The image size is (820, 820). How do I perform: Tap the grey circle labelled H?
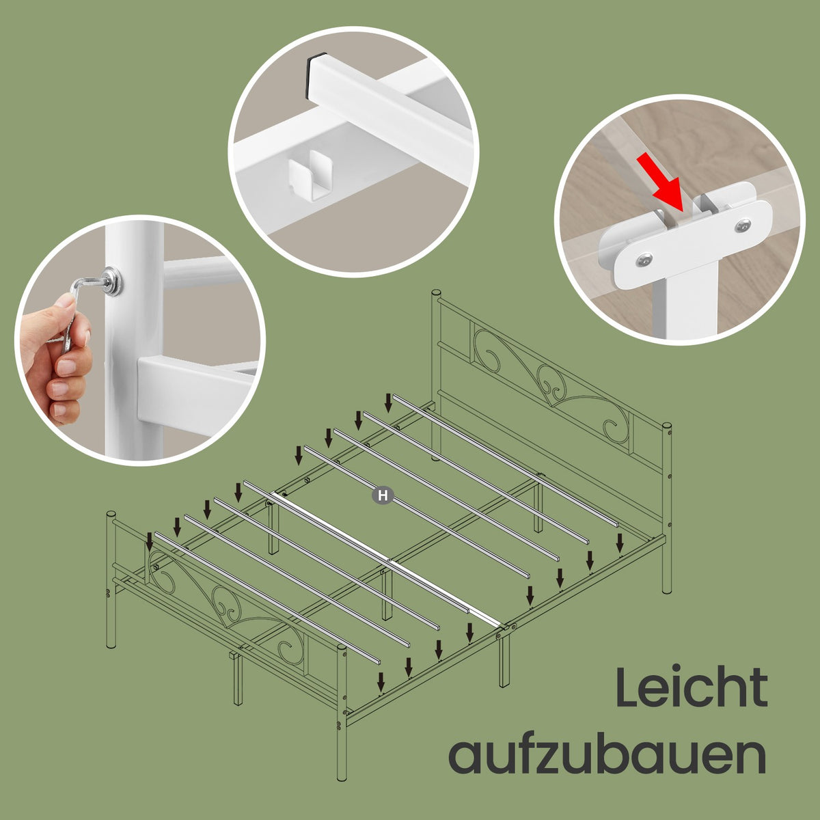pos(383,495)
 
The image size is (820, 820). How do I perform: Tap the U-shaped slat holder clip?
pos(310,174)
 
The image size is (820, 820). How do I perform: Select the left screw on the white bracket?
pos(644,260)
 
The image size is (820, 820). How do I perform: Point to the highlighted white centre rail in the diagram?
pos(387,559)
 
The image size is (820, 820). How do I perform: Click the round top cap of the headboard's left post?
pos(436,294)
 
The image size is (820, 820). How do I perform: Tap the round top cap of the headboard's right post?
pos(667,426)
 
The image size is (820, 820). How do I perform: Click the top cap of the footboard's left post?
pos(111,514)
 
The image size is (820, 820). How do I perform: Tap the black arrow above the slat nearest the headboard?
pos(388,402)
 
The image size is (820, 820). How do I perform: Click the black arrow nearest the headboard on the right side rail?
pos(620,542)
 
